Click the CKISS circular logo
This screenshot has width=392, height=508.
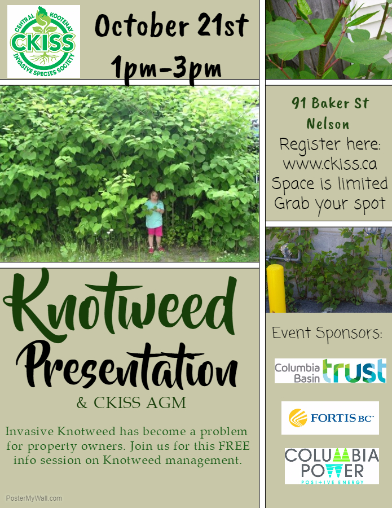point(43,41)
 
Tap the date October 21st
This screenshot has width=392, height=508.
point(171,25)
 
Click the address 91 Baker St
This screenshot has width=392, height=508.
point(330,103)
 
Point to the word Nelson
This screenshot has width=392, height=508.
point(328,124)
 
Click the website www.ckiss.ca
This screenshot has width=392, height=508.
point(330,164)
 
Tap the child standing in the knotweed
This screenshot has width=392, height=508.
point(155,222)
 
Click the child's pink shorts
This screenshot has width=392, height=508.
point(155,231)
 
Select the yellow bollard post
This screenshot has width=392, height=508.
point(276,288)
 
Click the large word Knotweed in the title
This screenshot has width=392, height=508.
point(120,305)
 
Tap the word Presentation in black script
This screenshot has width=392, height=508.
point(127,366)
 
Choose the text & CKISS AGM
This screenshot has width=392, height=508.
point(131,402)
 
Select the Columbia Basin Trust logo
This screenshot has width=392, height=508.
point(330,371)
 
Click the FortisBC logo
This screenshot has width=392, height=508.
point(330,418)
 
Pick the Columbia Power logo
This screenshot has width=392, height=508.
point(332,466)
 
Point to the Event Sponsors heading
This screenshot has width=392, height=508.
point(327,334)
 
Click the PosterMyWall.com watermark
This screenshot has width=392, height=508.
point(34,498)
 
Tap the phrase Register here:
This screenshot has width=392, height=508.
point(330,144)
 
